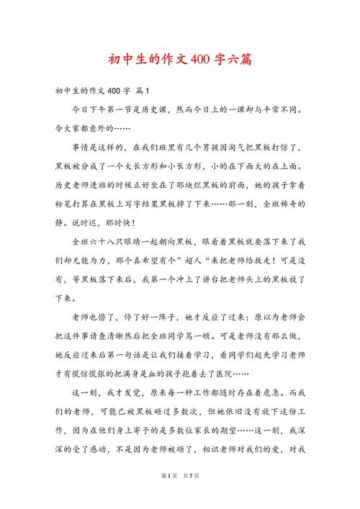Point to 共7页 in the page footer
pos(192,496)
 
